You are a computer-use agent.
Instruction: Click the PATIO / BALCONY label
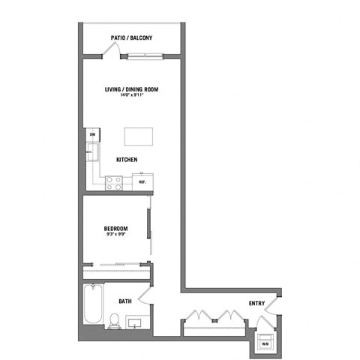click(130, 36)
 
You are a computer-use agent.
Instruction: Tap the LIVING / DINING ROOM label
click(131, 88)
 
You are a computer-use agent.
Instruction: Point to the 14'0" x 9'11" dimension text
click(131, 95)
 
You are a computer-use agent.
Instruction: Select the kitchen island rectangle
click(138, 137)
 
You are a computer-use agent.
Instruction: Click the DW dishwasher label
click(92, 135)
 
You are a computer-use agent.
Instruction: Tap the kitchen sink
click(92, 153)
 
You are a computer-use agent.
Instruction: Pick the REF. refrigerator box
click(142, 181)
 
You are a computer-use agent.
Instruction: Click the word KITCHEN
click(126, 160)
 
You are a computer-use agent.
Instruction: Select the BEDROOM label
click(115, 228)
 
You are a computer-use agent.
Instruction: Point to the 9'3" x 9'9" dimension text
click(115, 235)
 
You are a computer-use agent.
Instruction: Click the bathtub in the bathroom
click(91, 303)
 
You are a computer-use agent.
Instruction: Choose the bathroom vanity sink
click(135, 324)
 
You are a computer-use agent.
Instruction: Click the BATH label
click(125, 301)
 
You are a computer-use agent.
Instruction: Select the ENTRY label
click(257, 303)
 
